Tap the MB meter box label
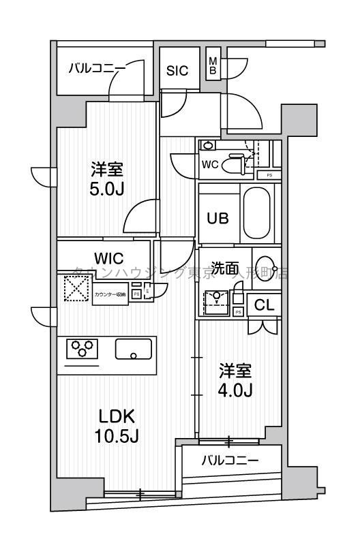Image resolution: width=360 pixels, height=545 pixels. (213, 65)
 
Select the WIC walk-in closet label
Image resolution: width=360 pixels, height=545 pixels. (108, 259)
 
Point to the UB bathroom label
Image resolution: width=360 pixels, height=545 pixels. (218, 219)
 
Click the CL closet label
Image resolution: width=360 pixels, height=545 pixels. (264, 306)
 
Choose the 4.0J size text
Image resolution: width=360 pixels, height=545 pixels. (236, 391)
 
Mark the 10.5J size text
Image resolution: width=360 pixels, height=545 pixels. (118, 435)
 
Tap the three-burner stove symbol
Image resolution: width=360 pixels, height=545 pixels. (82, 349)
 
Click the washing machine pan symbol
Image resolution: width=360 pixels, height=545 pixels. (217, 298)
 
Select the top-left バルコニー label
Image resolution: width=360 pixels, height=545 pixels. (96, 69)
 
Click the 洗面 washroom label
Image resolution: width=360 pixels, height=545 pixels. (224, 268)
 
